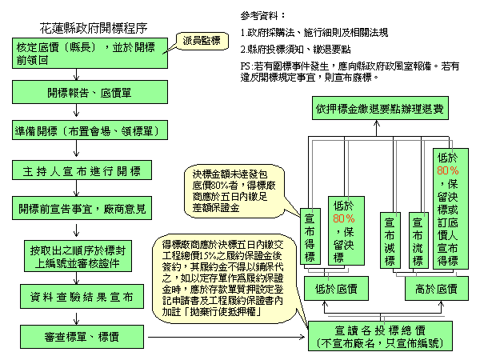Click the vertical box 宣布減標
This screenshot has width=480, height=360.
click(x=390, y=238)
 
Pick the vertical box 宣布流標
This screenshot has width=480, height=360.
click(x=417, y=238)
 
